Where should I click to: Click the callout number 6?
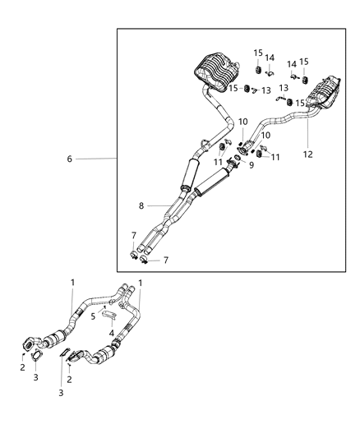(x=70, y=159)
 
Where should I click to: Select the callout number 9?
(x=252, y=166)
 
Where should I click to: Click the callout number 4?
(x=111, y=333)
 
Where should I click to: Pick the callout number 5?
(x=94, y=316)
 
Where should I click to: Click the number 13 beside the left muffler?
(x=265, y=90)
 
